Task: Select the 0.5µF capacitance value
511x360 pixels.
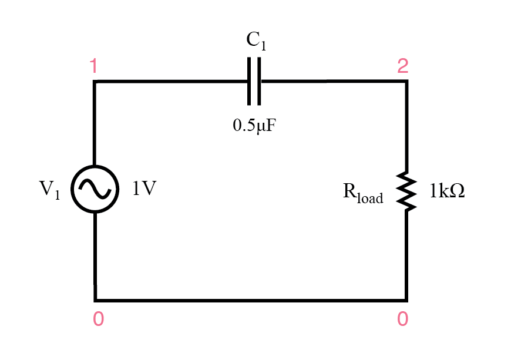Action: (254, 125)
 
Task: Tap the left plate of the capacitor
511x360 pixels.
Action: (250, 81)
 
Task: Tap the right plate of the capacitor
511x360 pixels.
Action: (258, 81)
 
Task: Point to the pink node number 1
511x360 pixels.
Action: (94, 67)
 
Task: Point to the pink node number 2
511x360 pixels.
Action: (402, 67)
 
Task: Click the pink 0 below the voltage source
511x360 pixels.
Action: (99, 318)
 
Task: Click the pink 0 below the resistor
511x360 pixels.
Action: (402, 318)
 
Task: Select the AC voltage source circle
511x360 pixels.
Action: (95, 189)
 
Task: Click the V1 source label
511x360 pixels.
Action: (49, 190)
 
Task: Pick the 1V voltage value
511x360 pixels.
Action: (144, 189)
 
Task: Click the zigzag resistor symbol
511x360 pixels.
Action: (406, 190)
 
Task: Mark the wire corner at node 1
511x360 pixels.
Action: (95, 82)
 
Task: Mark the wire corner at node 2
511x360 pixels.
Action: (406, 82)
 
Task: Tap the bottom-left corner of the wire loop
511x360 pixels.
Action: (95, 300)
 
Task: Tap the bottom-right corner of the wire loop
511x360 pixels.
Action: (406, 300)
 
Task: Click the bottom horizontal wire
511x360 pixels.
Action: (250, 300)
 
